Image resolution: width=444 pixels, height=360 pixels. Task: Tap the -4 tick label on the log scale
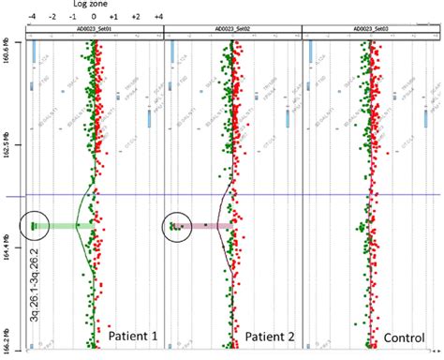tap(32, 17)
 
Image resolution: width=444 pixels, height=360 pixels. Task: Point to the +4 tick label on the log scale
tap(158, 17)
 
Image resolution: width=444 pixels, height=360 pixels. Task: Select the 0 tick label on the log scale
tap(94, 17)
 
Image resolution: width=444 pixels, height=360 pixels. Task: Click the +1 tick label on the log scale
tap(112, 17)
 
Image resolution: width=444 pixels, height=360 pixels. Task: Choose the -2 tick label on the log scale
tap(53, 17)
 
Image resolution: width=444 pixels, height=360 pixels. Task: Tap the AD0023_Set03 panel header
tap(374, 30)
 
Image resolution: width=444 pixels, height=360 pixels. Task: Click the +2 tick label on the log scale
tap(136, 17)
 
